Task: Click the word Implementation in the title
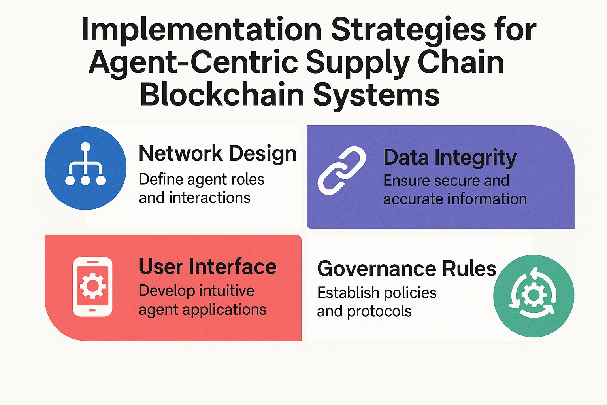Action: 201,30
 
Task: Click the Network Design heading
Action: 218,154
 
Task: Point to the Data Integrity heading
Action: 450,157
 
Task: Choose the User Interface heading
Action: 207,267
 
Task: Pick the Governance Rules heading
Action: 407,269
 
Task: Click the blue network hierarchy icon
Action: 85,168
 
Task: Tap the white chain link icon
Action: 341,170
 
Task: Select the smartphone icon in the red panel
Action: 93,287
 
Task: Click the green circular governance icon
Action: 533,296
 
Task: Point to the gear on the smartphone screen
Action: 92,286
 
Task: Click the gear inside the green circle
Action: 534,295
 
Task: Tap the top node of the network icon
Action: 86,147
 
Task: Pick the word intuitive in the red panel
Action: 227,291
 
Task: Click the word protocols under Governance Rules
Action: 379,312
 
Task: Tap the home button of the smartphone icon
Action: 92,310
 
